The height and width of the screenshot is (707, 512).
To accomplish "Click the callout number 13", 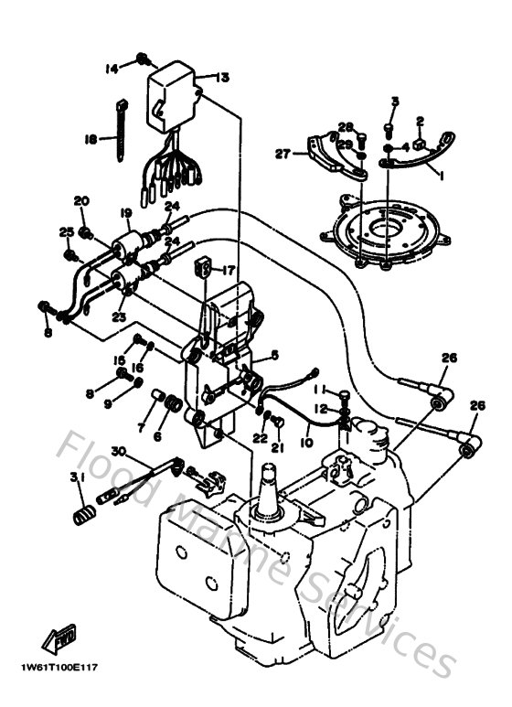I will [222, 78].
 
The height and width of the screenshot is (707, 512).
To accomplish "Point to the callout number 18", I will [91, 139].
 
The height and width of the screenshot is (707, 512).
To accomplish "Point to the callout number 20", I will [80, 200].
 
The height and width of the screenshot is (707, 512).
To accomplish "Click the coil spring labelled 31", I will [83, 514].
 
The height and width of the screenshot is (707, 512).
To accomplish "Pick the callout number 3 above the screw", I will [395, 100].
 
